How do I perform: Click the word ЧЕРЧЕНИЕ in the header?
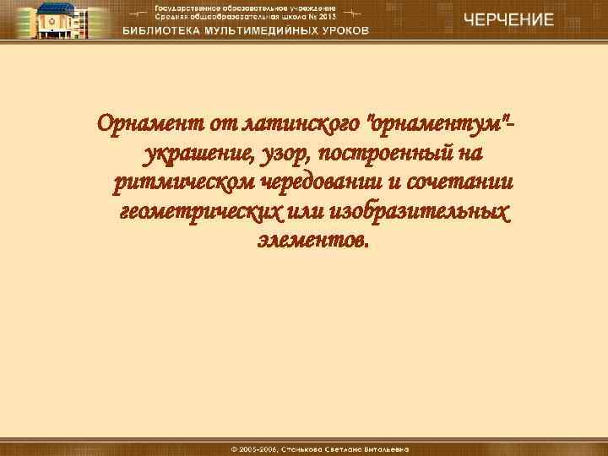tap(507, 20)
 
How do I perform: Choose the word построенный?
tap(385, 155)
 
